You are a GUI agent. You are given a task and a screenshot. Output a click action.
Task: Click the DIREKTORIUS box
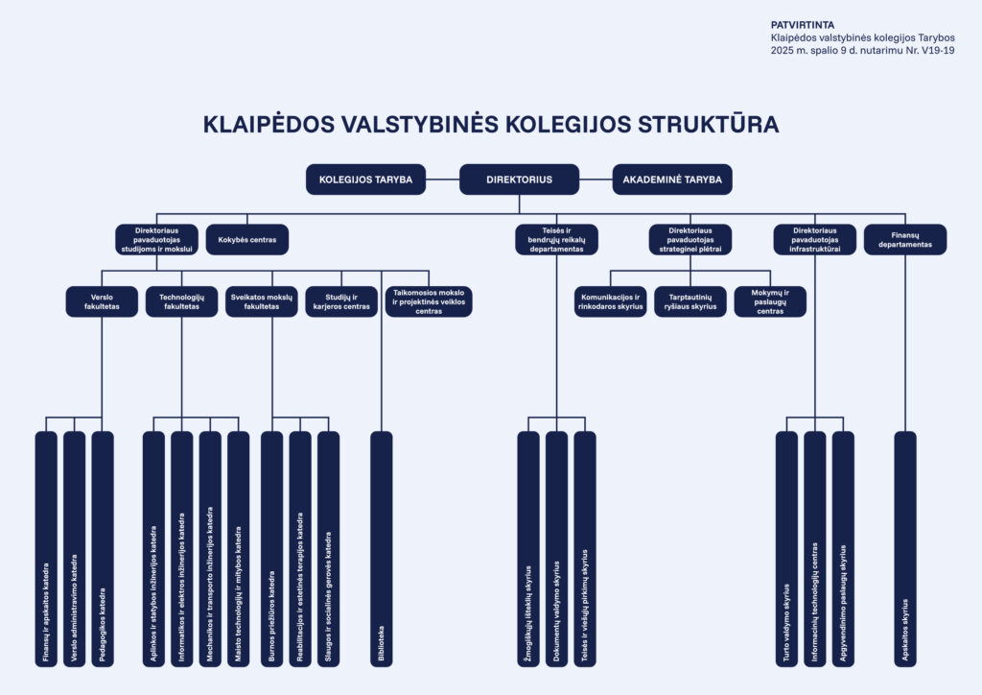519,180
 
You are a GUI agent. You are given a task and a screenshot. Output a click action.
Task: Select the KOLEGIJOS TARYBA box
365,180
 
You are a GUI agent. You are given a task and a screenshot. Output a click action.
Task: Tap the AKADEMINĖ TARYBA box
672,180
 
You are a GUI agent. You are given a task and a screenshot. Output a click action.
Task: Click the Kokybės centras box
247,240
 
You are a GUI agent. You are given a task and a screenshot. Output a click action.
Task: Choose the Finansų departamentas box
905,240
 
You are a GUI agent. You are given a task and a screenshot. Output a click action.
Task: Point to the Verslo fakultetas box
102,301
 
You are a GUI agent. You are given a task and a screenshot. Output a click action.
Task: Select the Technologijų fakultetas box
181,301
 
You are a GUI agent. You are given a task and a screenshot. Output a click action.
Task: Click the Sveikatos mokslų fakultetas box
262,301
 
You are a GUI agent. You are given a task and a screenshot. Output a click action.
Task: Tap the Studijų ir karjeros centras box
341,301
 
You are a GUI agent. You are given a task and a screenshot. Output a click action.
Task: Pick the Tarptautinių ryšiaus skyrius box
690,301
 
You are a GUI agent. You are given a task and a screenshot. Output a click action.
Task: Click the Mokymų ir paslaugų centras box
770,301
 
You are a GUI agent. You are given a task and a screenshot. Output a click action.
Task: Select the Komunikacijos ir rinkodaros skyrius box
611,301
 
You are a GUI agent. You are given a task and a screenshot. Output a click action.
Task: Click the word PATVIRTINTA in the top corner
803,25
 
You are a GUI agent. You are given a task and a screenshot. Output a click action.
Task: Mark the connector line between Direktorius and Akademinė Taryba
596,180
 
